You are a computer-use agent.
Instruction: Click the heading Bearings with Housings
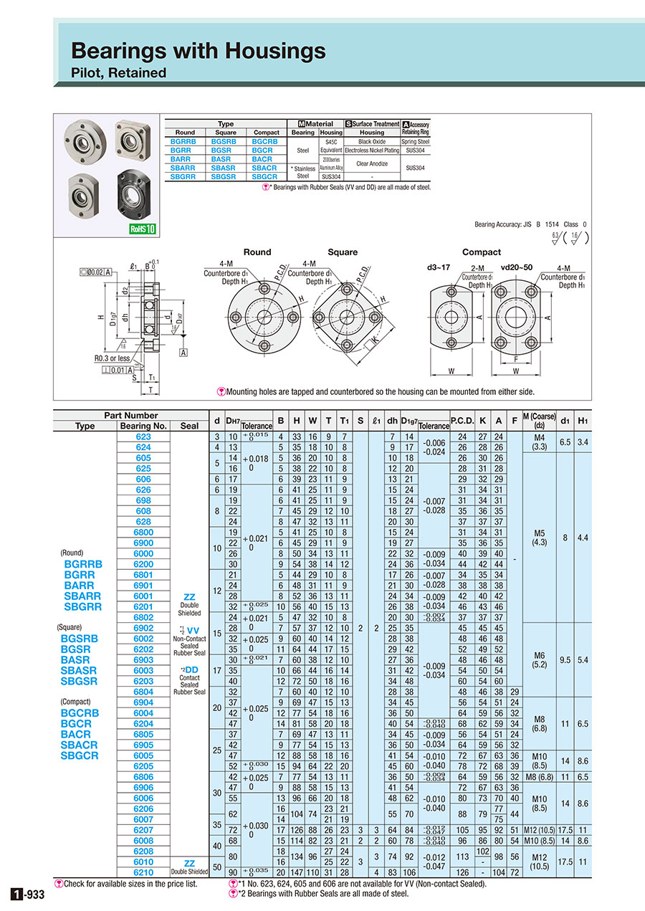[198, 50]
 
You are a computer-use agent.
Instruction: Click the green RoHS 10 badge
[143, 229]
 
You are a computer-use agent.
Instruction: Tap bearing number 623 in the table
[143, 437]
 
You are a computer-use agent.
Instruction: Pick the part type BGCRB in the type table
[266, 141]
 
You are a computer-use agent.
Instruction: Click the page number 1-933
[28, 894]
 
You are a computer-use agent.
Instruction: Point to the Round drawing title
[257, 252]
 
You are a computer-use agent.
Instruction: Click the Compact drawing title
[482, 252]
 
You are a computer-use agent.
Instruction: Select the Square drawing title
[342, 252]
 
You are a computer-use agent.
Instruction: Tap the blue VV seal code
[193, 631]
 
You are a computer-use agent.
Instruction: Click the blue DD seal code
[192, 669]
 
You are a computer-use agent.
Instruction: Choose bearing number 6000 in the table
[143, 553]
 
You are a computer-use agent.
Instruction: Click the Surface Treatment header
[372, 124]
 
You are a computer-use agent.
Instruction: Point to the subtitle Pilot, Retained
[118, 72]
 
